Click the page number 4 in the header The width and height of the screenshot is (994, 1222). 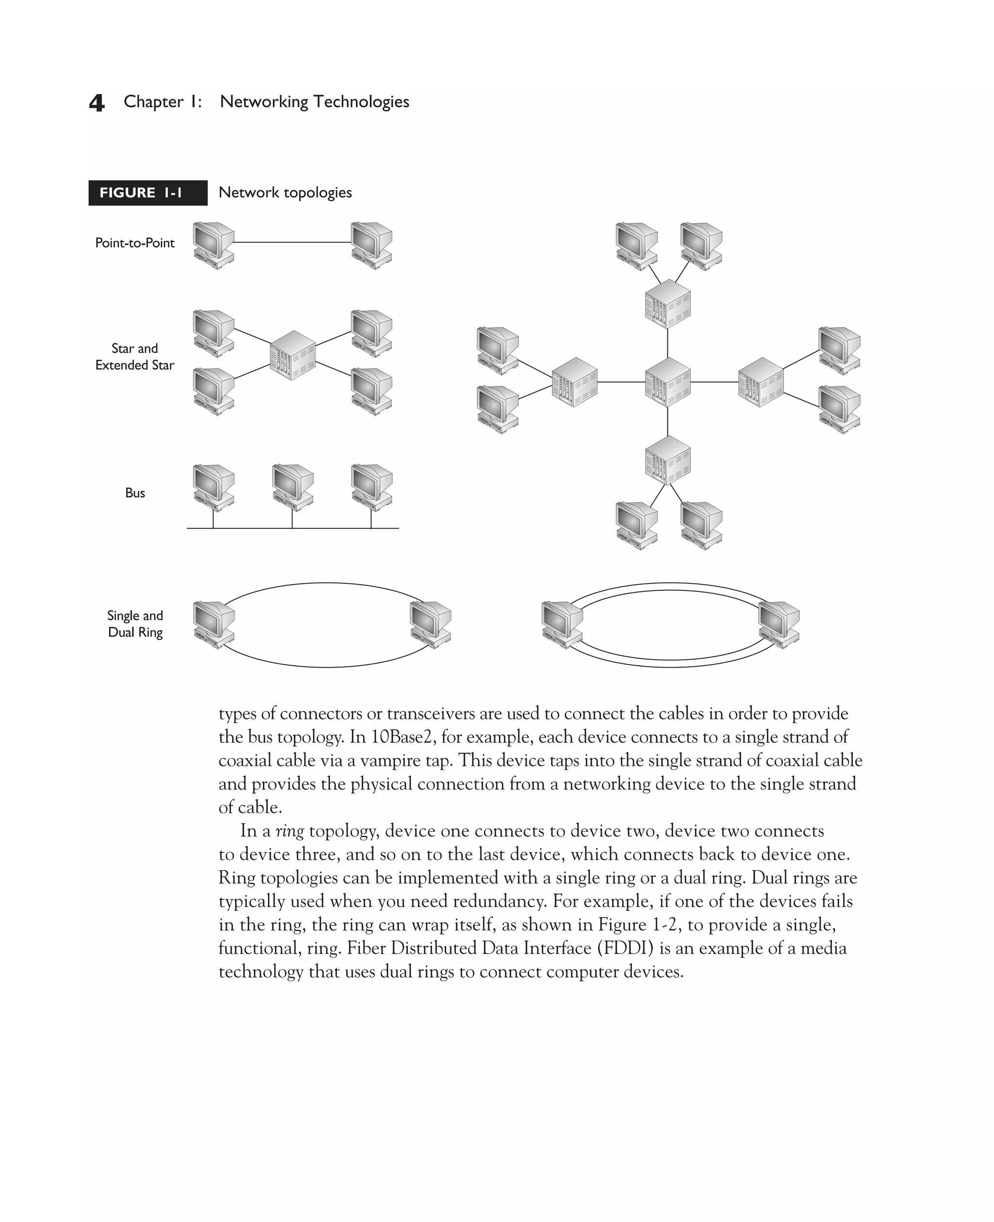pyautogui.click(x=97, y=103)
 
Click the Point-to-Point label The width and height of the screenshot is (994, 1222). pyautogui.click(x=134, y=243)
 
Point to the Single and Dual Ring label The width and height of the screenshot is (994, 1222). pyautogui.click(x=135, y=623)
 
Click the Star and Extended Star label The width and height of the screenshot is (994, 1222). pyautogui.click(x=134, y=357)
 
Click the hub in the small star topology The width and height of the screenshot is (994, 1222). pyautogui.click(x=292, y=355)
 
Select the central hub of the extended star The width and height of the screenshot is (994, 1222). pyautogui.click(x=668, y=383)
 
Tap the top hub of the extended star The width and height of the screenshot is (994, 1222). pyautogui.click(x=668, y=304)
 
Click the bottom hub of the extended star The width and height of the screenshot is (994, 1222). pyautogui.click(x=668, y=460)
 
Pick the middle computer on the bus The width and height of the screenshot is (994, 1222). pyautogui.click(x=293, y=487)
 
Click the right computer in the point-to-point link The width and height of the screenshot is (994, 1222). pyautogui.click(x=372, y=246)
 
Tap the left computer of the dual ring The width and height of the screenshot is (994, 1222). pyautogui.click(x=562, y=625)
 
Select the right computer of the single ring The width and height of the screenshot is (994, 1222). pyautogui.click(x=431, y=625)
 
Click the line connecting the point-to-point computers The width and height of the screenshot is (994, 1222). pyautogui.click(x=292, y=242)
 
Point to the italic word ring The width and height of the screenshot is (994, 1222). pyautogui.click(x=290, y=831)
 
